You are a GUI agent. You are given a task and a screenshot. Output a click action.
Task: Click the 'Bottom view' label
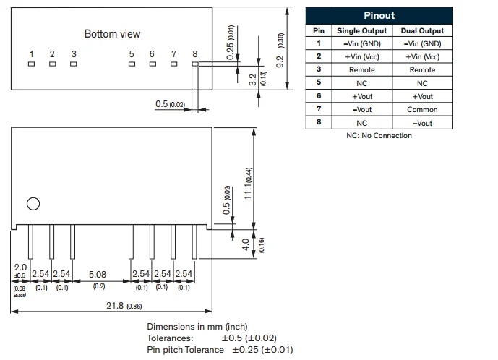pyautogui.click(x=112, y=34)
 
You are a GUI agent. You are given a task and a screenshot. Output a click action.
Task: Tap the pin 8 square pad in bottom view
pyautogui.click(x=195, y=64)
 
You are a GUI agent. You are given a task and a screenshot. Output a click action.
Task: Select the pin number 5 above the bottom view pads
pyautogui.click(x=132, y=54)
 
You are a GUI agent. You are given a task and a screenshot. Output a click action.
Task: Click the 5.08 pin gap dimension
pyautogui.click(x=98, y=275)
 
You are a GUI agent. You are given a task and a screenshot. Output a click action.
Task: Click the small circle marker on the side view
pyautogui.click(x=33, y=203)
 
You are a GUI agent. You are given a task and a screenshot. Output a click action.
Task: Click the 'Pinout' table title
pyautogui.click(x=379, y=16)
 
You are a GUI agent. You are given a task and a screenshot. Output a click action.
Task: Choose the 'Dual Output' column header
pyautogui.click(x=422, y=30)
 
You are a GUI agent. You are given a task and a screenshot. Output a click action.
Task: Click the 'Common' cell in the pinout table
pyautogui.click(x=422, y=110)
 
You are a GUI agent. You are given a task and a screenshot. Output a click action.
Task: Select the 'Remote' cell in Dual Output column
pyautogui.click(x=422, y=70)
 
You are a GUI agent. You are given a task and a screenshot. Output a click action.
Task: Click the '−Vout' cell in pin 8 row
pyautogui.click(x=422, y=123)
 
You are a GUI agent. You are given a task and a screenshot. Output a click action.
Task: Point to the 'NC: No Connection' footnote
pyautogui.click(x=379, y=136)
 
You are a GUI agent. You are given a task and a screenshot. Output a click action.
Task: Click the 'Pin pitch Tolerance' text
pyautogui.click(x=185, y=350)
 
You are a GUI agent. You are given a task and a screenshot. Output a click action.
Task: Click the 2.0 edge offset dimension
pyautogui.click(x=20, y=267)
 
